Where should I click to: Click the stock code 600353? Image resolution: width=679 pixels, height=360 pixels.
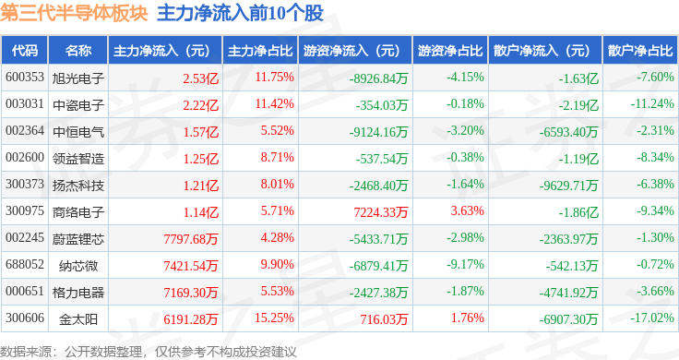[x=25, y=78]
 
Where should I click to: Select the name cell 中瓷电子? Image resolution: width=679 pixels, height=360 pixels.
[x=78, y=105]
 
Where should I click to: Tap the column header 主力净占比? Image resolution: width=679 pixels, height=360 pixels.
[x=260, y=51]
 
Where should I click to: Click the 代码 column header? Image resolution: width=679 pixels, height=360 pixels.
[x=25, y=51]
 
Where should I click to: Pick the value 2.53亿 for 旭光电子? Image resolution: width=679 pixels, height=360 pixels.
[x=200, y=78]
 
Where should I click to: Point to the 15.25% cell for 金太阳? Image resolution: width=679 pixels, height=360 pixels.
[x=274, y=318]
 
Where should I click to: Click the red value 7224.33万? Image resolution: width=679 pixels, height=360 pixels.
[x=381, y=212]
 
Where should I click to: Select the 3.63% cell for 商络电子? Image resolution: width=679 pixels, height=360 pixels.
[x=467, y=211]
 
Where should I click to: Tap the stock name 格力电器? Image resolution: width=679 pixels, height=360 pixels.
[x=78, y=293]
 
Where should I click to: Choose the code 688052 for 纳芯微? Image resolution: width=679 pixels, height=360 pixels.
[x=25, y=264]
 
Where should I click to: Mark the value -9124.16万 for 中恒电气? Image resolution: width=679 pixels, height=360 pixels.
[x=378, y=132]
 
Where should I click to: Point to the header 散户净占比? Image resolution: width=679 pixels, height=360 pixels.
[x=640, y=51]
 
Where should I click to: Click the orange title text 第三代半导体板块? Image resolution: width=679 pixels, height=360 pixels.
[x=74, y=14]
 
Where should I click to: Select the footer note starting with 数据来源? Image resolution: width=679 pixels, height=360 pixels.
[x=149, y=352]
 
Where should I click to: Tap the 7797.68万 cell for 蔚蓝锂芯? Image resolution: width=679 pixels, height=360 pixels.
[x=191, y=239]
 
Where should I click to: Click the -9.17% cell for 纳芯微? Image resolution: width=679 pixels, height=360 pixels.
[x=465, y=264]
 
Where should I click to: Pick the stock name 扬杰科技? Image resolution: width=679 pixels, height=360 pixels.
[x=78, y=186]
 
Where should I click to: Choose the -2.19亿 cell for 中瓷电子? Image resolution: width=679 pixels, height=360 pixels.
[x=578, y=105]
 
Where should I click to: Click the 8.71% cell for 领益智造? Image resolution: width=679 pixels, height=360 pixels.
[x=277, y=157]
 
